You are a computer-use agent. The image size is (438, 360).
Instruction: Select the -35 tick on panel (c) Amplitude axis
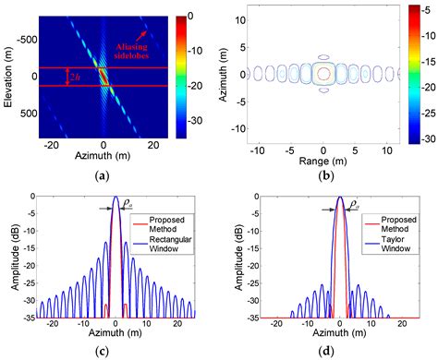[31, 316]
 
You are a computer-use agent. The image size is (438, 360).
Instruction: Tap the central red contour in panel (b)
[322, 73]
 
